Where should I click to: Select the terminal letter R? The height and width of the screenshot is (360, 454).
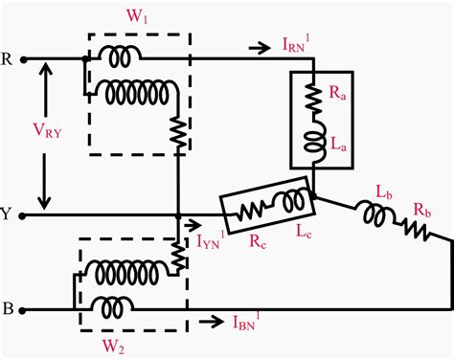pos(7,56)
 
